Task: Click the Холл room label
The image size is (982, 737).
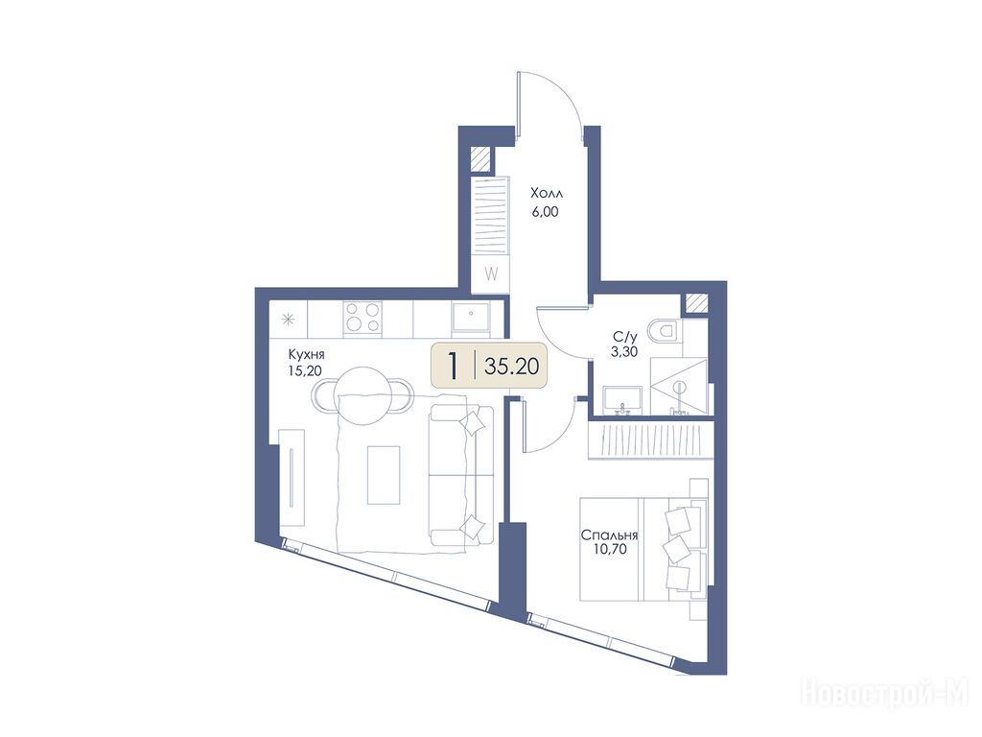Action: coord(547,192)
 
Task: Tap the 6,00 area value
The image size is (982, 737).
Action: coord(545,212)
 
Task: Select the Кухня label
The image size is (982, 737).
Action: coord(306,355)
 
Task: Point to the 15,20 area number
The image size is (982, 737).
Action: coord(305,371)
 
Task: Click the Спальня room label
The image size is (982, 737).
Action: coord(609,535)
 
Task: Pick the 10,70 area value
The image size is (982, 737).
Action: coord(609,550)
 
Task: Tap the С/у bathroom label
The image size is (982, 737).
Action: coord(624,337)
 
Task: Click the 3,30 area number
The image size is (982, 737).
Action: coord(624,351)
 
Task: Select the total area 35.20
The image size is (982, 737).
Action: coord(512,366)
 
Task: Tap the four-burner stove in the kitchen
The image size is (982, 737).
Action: coord(363,317)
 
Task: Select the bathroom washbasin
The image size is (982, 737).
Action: coord(621,399)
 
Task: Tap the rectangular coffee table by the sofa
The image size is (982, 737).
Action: coord(384,475)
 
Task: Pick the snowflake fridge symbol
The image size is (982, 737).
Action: coord(289,320)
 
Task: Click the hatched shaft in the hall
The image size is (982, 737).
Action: coord(481,158)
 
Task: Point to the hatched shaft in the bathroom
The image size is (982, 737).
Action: coord(696,304)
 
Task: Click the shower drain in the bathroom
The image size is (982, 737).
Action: coord(680,387)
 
